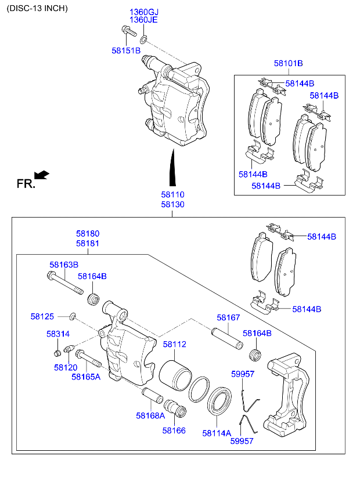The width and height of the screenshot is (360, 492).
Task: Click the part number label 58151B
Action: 126,50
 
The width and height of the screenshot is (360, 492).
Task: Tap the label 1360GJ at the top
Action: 143,12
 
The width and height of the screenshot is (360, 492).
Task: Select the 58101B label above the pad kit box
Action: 289,63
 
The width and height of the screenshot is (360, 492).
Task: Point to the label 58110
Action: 172,196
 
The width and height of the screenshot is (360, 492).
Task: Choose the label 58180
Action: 88,234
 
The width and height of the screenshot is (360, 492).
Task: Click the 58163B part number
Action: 64,265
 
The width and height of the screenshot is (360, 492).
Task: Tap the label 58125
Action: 42,316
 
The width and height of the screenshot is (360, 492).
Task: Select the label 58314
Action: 58,334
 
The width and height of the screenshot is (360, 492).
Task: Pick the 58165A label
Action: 86,377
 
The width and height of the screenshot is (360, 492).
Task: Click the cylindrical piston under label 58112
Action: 174,375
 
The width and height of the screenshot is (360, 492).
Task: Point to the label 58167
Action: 229,318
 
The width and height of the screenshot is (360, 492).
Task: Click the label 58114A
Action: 217,432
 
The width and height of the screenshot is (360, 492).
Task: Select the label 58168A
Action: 150,415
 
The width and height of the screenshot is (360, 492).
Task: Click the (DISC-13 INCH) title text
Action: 38,8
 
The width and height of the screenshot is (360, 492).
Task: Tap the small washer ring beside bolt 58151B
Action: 145,39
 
